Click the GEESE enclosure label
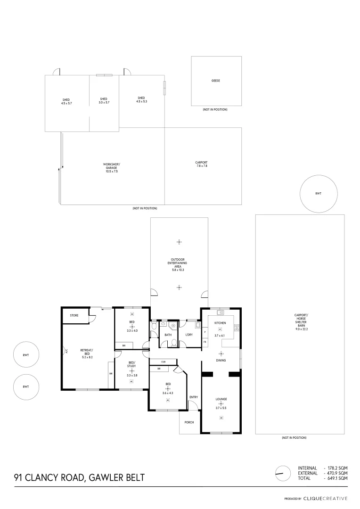[x=216, y=81]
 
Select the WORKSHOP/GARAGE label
[x=112, y=168]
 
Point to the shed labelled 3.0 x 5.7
[x=104, y=100]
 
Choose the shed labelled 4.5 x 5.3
[x=142, y=100]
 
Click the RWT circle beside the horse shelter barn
[x=319, y=193]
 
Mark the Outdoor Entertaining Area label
[x=179, y=265]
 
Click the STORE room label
[x=74, y=315]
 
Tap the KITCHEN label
[x=221, y=323]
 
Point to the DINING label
[x=221, y=361]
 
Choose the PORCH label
[x=189, y=422]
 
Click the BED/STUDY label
[x=132, y=365]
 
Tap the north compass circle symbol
[x=283, y=473]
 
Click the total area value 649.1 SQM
[x=337, y=478]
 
